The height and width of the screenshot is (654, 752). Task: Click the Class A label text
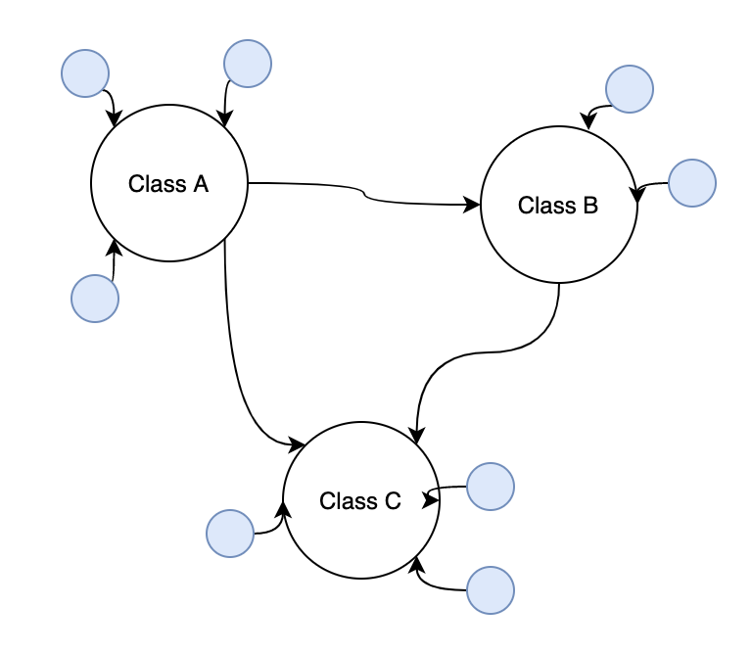point(168,183)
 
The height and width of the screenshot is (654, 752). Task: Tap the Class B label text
point(558,206)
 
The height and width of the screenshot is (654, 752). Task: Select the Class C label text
point(360,501)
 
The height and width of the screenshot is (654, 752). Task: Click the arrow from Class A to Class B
point(364,195)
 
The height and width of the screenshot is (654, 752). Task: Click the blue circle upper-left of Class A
point(85,73)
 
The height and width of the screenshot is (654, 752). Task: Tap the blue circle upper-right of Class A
point(248,64)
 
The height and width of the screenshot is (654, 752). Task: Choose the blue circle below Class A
point(95,299)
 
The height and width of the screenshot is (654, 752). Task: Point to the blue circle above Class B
point(630,89)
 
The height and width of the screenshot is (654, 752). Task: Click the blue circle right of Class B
point(692,183)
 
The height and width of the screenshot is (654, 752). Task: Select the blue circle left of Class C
point(230,534)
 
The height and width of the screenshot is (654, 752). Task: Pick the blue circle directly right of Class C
point(491,487)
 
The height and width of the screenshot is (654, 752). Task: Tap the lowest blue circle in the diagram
point(491,590)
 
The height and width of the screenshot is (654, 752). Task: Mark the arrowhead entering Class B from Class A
point(472,206)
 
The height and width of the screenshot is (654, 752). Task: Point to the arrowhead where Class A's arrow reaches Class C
point(297,445)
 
